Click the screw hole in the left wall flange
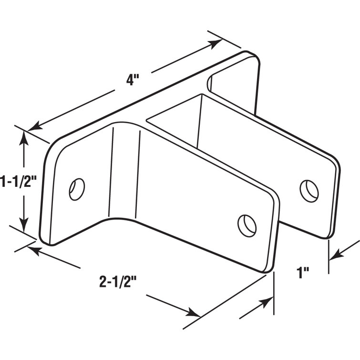(77, 189)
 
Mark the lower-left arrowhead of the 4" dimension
(34, 128)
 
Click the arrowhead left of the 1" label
(265, 303)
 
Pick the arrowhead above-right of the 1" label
(335, 255)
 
